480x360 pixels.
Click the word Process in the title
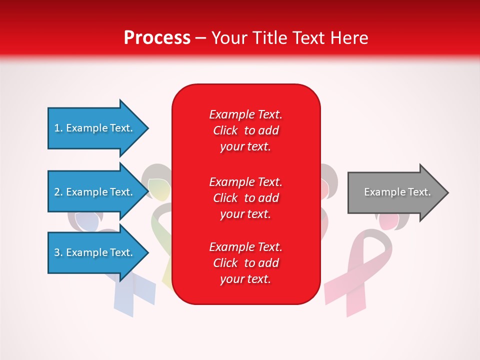point(157,38)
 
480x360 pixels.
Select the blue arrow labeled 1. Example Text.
point(98,128)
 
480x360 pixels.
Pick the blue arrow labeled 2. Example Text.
point(98,191)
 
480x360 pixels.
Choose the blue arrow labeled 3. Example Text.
point(98,252)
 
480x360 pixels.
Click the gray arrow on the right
point(398,192)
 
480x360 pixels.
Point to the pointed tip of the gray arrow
point(448,192)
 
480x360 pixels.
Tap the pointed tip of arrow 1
point(148,128)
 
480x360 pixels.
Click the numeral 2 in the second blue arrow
point(57,192)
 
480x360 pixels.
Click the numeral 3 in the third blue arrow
point(57,252)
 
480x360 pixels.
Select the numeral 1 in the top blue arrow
point(57,128)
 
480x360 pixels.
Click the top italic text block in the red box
point(246,130)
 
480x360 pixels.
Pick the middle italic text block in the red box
point(246,198)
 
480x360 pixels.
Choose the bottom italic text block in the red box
point(246,263)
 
